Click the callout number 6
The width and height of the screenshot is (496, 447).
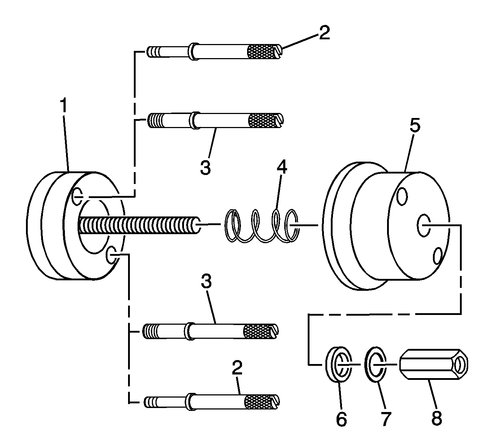click(x=341, y=419)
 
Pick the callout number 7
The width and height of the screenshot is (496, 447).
click(x=385, y=419)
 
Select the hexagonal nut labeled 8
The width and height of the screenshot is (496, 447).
click(x=433, y=364)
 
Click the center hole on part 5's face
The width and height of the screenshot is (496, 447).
click(x=422, y=225)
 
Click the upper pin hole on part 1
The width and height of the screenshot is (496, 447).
click(x=77, y=196)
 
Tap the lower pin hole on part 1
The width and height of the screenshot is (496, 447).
click(x=111, y=255)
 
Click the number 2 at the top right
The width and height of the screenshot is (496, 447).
click(x=324, y=33)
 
